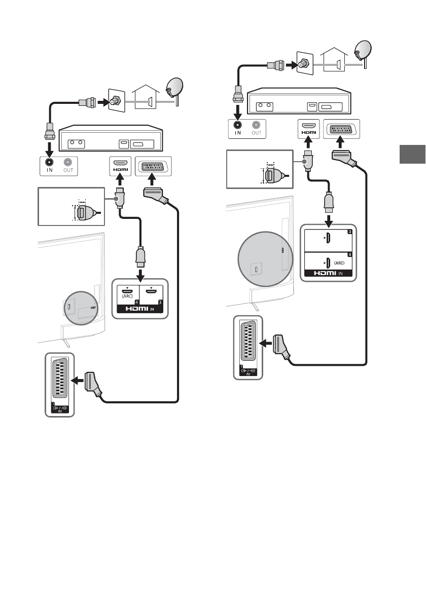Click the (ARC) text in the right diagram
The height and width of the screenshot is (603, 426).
coord(339,263)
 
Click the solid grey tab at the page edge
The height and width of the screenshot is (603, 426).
coord(411,155)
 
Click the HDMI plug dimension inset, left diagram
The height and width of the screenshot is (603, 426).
coord(71,207)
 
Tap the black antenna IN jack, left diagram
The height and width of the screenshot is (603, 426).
coord(49,162)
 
